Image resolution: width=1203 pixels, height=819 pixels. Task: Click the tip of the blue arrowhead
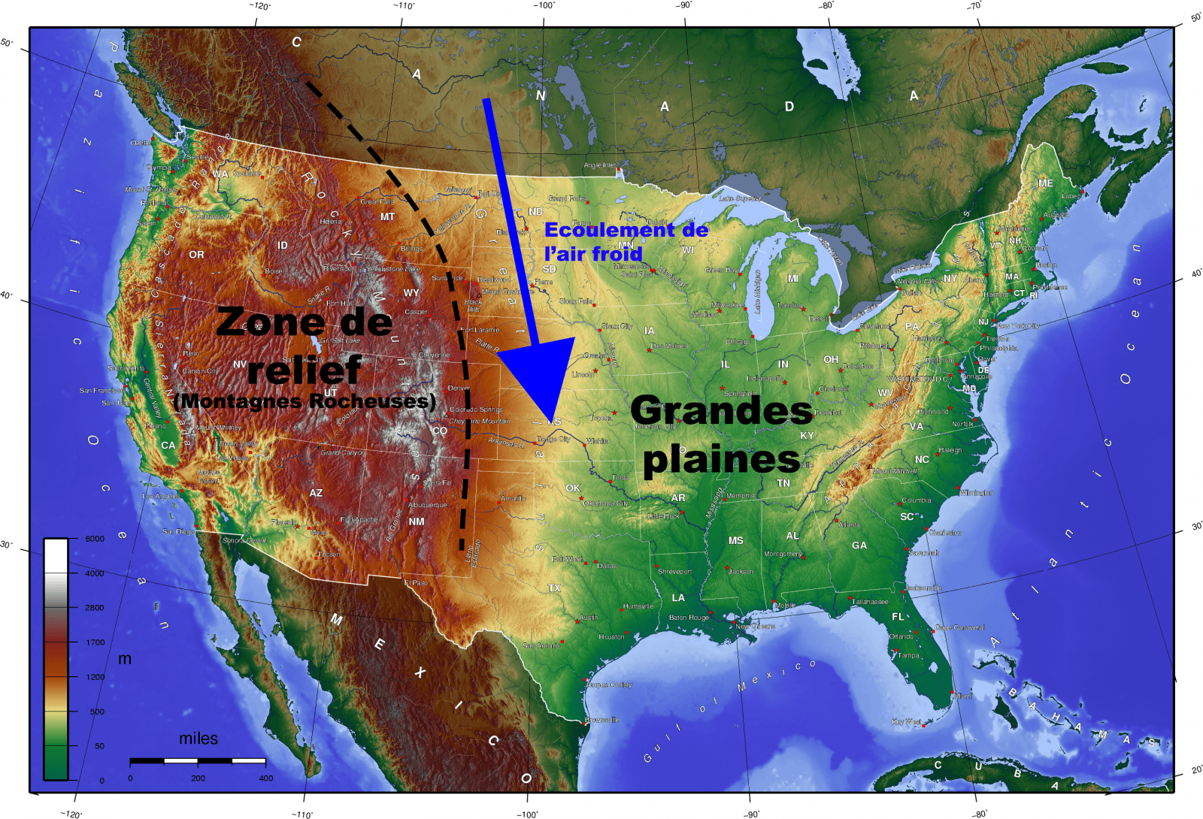[552, 427]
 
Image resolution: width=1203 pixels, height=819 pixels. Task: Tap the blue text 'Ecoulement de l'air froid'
[626, 241]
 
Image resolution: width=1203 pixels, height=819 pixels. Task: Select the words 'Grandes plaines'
[721, 435]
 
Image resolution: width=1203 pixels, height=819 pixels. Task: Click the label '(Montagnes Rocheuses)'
[305, 401]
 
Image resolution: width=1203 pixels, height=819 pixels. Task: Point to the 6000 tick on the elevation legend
[95, 539]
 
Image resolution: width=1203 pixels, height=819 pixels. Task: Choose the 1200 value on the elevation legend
[95, 677]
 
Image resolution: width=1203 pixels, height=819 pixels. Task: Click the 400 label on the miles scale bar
[266, 778]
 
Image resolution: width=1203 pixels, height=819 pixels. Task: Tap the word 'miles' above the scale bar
[198, 739]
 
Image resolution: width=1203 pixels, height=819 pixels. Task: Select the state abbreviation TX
[554, 588]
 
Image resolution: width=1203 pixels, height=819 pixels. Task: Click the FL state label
[898, 617]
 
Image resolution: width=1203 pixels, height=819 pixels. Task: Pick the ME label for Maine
[1045, 183]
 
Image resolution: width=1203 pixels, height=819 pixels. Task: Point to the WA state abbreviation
[220, 174]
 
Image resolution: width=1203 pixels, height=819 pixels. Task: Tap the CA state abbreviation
[168, 446]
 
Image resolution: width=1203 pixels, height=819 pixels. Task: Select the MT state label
[387, 217]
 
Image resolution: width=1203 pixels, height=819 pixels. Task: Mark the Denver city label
[459, 388]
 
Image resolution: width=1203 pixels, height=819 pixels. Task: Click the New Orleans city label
[755, 626]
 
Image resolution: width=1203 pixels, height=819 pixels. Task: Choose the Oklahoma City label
[606, 503]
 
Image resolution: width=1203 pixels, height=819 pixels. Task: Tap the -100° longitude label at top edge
[544, 6]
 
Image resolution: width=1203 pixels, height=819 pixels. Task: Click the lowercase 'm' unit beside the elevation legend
[125, 659]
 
